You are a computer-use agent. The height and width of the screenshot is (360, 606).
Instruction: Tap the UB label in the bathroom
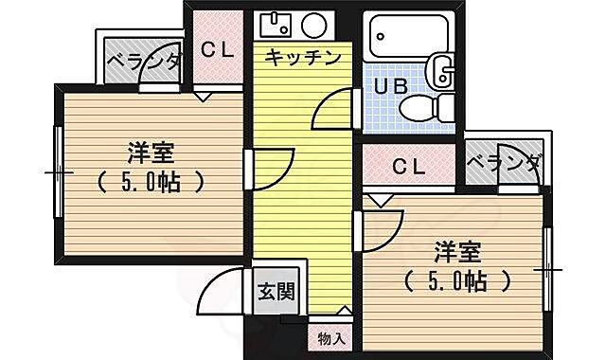pos(391,86)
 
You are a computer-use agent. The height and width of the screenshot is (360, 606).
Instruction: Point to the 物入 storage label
pos(331,337)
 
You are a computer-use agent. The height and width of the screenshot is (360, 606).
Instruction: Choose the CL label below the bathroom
pos(409,168)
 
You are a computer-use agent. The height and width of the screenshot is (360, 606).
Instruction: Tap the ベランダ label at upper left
pos(142,63)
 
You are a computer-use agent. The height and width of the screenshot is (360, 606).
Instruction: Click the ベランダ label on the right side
pos(505,165)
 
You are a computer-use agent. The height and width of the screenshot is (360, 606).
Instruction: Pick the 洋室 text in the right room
pos(457,252)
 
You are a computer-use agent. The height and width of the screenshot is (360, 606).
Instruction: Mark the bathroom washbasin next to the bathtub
pos(440,68)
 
